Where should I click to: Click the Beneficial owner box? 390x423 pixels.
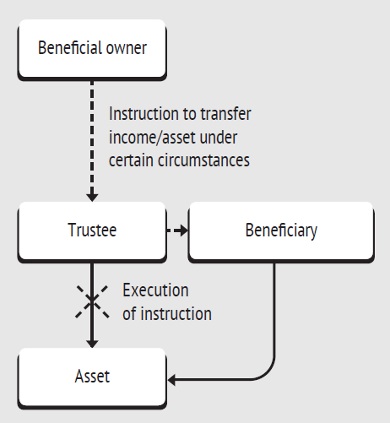tap(92, 49)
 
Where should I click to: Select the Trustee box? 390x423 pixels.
tap(92, 231)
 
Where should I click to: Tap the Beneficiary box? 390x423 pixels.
tap(281, 231)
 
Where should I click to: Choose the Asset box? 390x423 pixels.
tap(92, 378)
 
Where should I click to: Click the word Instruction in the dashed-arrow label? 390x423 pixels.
tap(144, 114)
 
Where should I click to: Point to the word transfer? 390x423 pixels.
tap(226, 114)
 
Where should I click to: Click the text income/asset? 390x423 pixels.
tap(152, 138)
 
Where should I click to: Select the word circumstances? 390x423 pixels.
tap(203, 160)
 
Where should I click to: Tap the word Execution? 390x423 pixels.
tap(155, 290)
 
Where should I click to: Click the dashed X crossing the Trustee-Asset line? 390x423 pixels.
tap(92, 302)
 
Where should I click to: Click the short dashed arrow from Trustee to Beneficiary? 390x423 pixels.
tap(177, 230)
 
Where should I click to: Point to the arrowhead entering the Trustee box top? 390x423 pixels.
tap(92, 198)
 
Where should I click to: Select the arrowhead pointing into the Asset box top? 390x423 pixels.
tap(92, 344)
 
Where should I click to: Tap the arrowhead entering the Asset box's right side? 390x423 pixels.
tap(171, 380)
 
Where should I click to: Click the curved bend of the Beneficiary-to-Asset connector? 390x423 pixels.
tap(268, 373)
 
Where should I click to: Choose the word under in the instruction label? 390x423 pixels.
tap(219, 138)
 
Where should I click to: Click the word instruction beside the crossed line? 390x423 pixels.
tap(176, 314)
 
